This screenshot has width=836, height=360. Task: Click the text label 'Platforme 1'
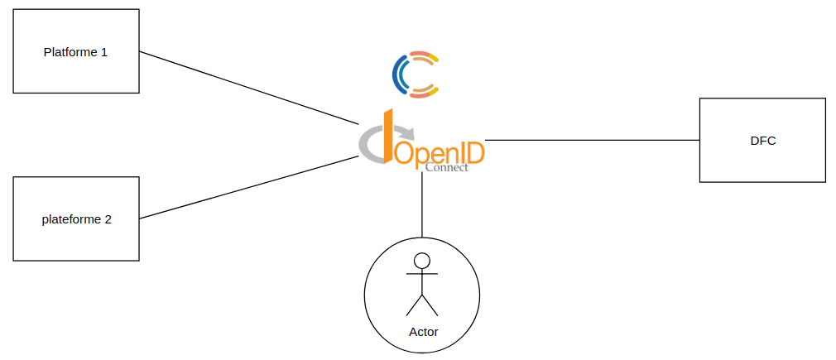[x=75, y=52]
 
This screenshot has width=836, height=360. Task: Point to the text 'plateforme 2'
[x=76, y=220]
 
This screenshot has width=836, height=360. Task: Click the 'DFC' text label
[x=762, y=141]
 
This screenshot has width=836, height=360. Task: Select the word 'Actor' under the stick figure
[x=423, y=332]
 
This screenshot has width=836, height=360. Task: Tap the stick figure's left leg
[x=414, y=305]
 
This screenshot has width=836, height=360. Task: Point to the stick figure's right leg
[x=430, y=305]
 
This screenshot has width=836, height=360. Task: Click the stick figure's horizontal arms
[x=422, y=274]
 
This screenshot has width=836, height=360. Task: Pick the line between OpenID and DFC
[x=592, y=140]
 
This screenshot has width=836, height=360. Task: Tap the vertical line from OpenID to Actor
[x=422, y=207]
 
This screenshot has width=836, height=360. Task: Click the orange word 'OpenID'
[x=440, y=153]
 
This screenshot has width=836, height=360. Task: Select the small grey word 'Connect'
[x=446, y=167]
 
